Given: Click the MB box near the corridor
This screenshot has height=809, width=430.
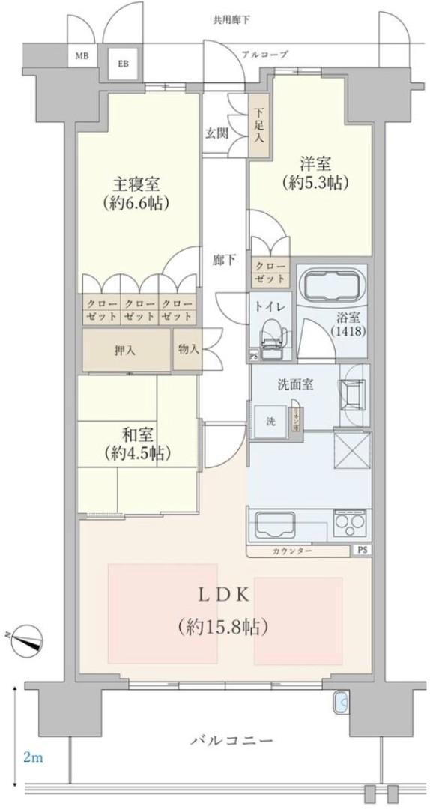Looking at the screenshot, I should click(x=79, y=56).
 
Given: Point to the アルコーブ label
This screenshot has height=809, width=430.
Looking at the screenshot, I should click(x=264, y=54).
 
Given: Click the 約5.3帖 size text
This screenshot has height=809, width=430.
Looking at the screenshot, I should click(x=318, y=182).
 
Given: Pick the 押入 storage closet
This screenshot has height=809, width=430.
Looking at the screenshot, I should click(x=124, y=349).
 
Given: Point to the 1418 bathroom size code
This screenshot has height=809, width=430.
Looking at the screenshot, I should click(x=350, y=330).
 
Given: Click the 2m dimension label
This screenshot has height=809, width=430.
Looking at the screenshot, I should click(x=32, y=758).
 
